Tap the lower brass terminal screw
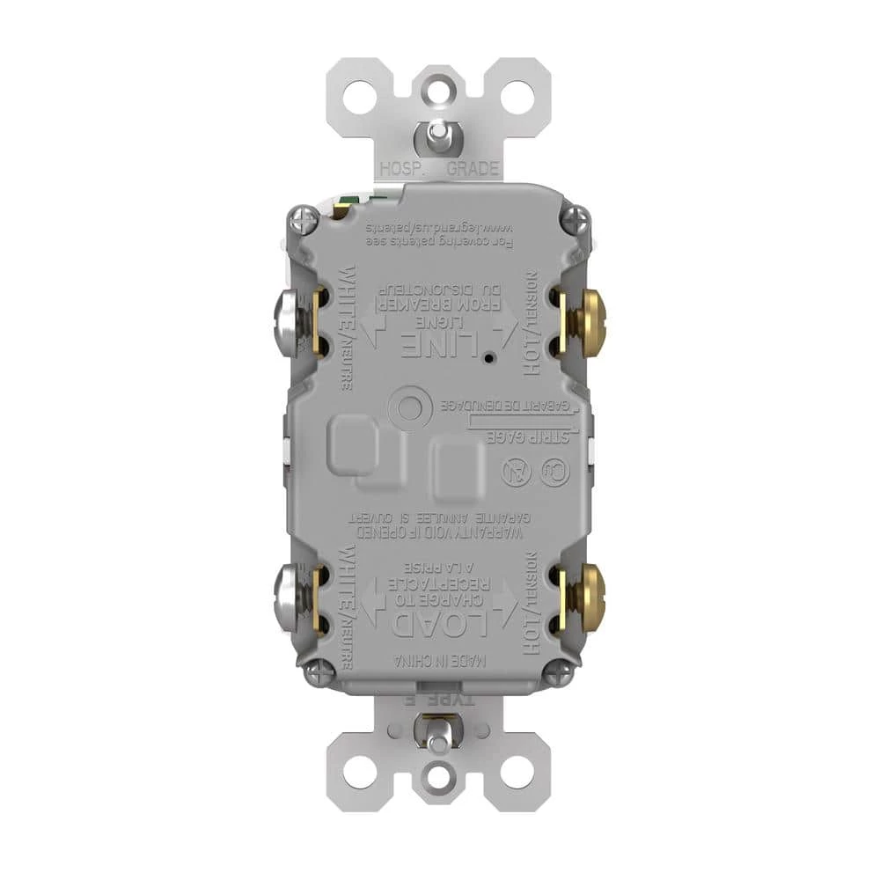pos(589,598)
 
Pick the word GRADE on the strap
pos(473,169)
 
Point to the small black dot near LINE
pos(487,359)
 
